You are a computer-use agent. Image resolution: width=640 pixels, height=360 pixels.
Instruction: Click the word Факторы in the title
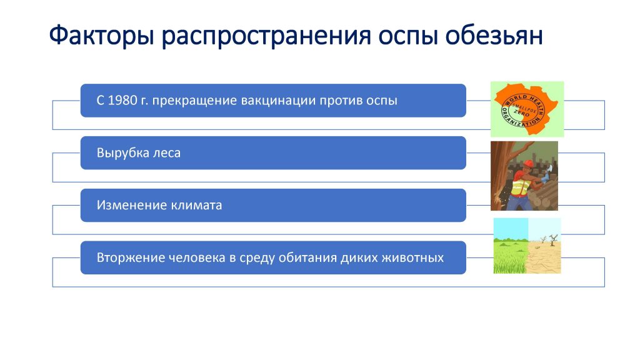(x=102, y=36)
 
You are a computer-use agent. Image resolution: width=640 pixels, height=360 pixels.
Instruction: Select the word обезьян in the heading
(x=494, y=35)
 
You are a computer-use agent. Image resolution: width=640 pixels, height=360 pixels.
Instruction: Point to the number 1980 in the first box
(x=122, y=101)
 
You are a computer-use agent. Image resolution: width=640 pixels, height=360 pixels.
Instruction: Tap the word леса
(x=166, y=154)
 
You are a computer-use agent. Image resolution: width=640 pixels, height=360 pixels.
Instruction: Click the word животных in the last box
(x=412, y=258)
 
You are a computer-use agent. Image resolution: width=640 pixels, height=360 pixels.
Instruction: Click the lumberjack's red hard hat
(x=527, y=164)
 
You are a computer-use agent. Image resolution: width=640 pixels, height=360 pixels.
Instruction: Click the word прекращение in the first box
(x=195, y=101)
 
